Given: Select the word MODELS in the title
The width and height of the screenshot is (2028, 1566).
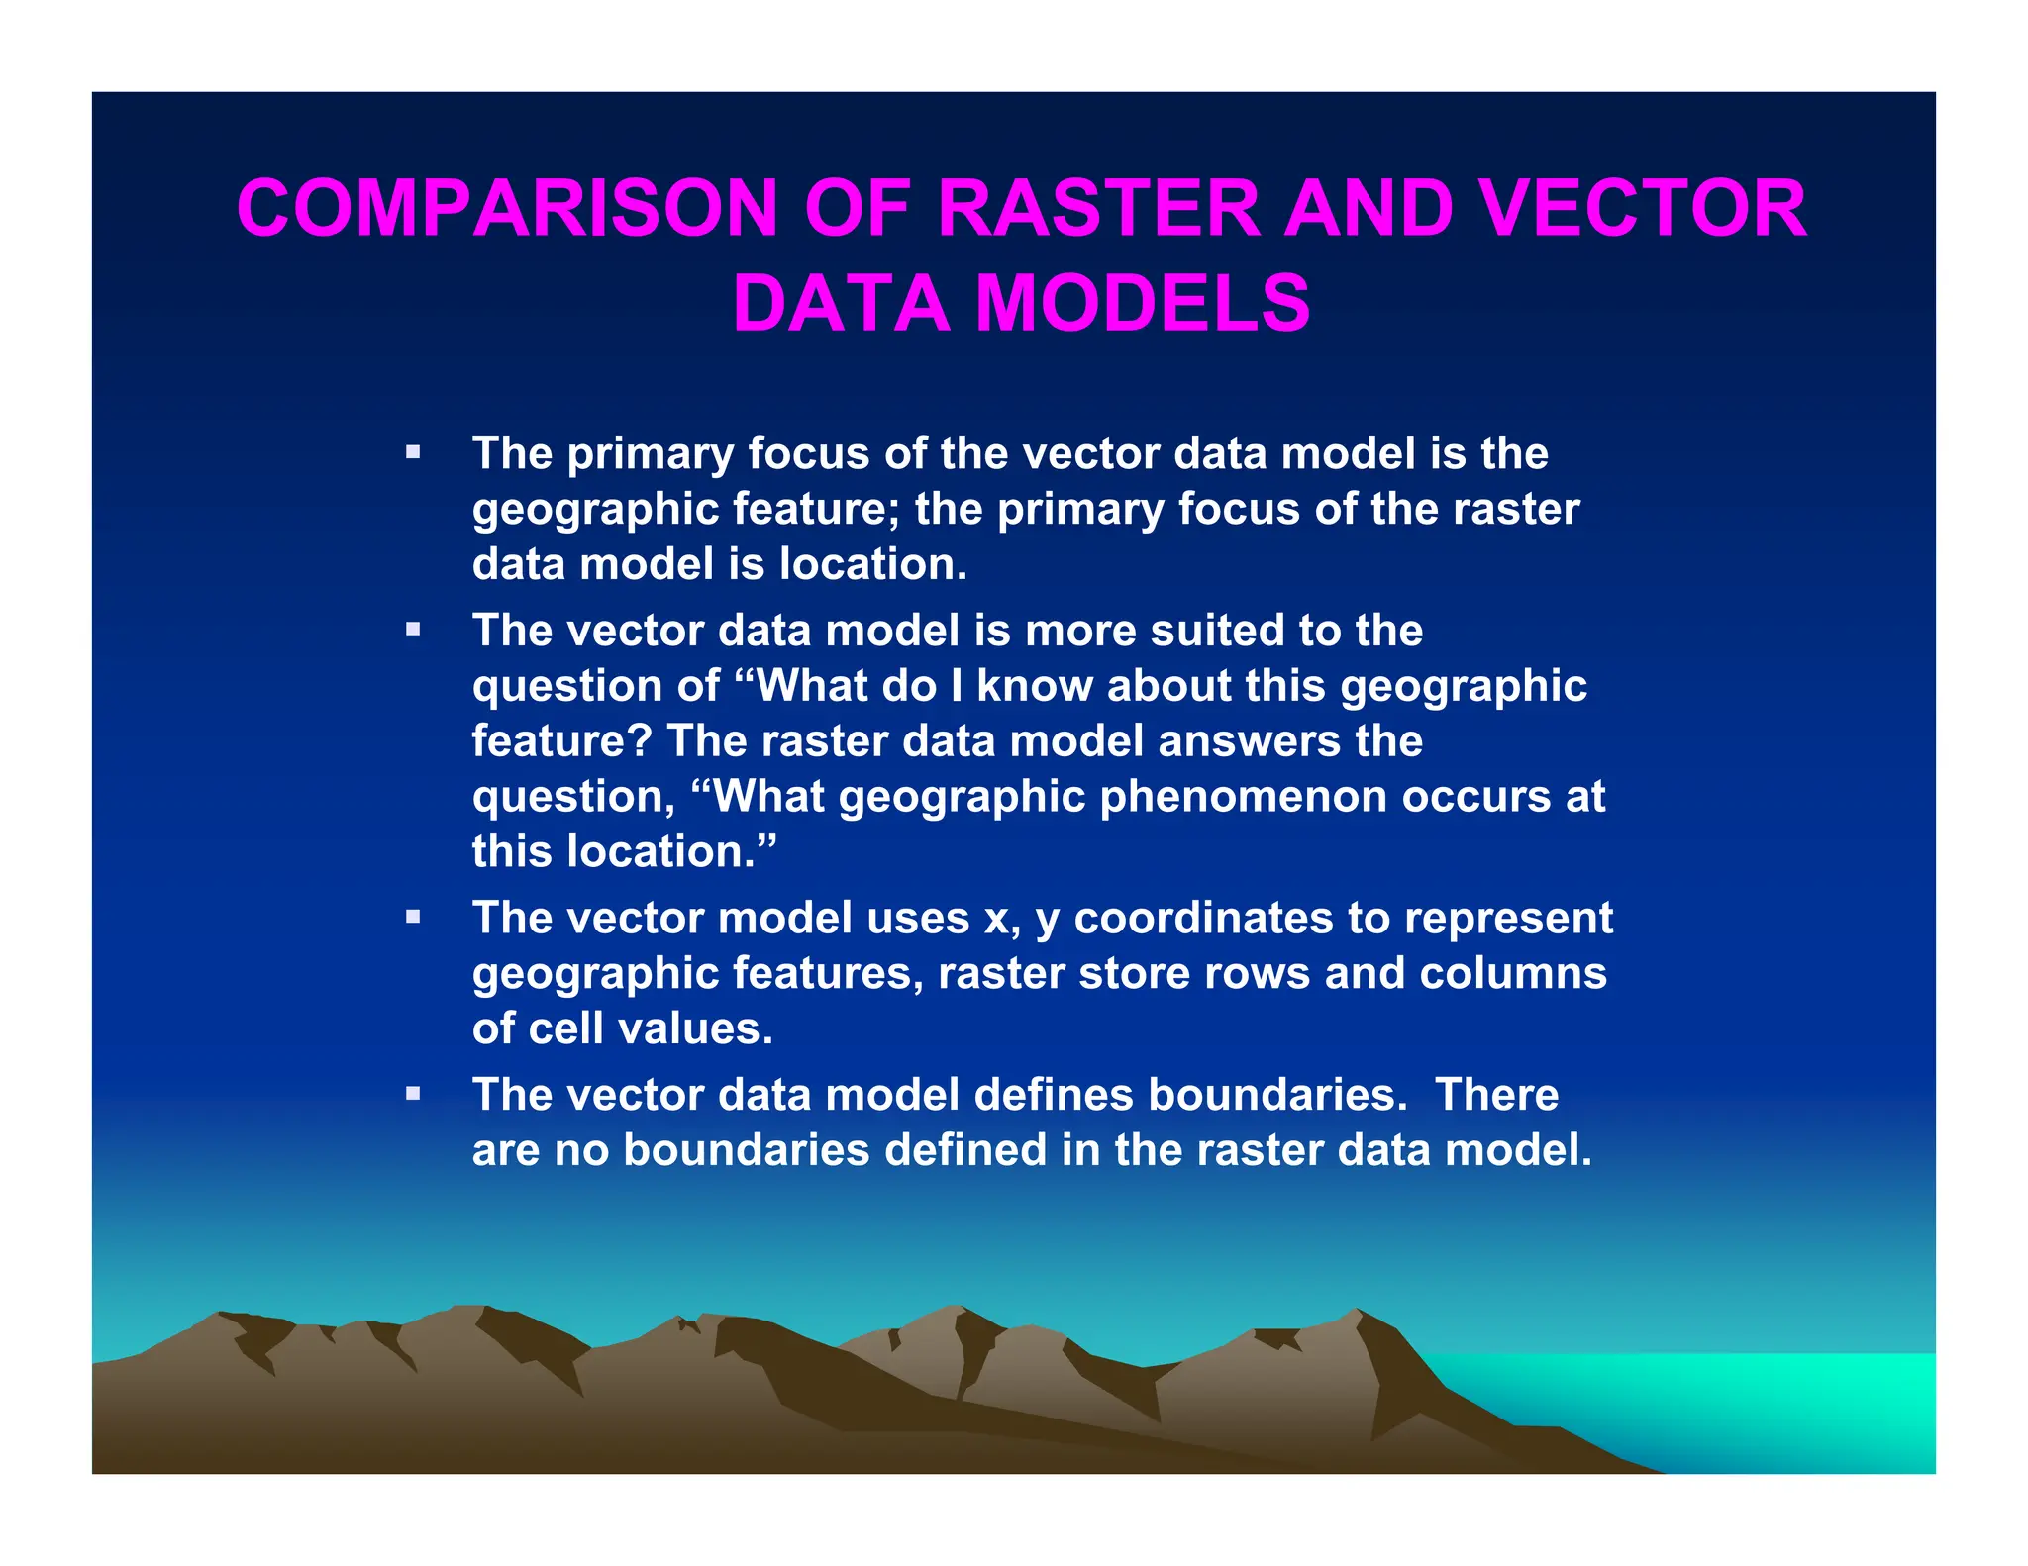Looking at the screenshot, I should (x=1143, y=303).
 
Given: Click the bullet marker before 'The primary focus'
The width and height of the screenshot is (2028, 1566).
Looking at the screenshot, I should (x=413, y=453).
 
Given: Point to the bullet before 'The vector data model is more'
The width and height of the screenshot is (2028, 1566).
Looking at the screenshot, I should (x=413, y=630).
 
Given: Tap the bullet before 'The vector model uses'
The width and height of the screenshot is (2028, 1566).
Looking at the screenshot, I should (x=413, y=917).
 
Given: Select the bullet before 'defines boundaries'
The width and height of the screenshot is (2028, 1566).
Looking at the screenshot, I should (x=413, y=1094).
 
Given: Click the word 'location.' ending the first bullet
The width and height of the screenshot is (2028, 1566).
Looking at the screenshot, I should (x=872, y=564).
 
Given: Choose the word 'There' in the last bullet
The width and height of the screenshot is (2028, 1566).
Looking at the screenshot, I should (x=1496, y=1095).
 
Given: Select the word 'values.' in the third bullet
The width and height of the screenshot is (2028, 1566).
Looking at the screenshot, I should (x=704, y=1028).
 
